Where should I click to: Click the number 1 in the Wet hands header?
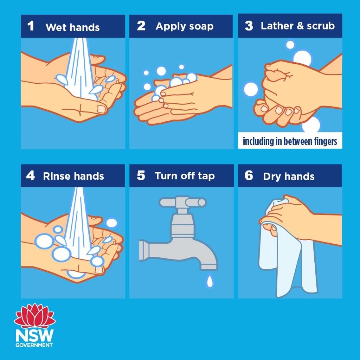coord(31,26)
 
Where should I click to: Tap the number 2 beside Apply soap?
coord(141,26)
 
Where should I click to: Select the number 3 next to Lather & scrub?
coord(249,26)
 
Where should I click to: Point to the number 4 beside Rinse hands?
coord(30,176)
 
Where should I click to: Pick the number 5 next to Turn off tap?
coord(141,176)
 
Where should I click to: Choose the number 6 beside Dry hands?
coord(249,176)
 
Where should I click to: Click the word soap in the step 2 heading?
coord(201,27)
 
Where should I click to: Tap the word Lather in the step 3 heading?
coord(277,26)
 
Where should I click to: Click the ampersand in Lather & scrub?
coord(300,26)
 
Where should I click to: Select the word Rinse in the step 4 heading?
coord(57,176)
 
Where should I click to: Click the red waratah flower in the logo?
coord(35,316)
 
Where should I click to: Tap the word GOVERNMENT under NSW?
coord(34,345)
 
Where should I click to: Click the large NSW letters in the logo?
coord(34,335)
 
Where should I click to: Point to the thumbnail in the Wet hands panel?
coord(101,109)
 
